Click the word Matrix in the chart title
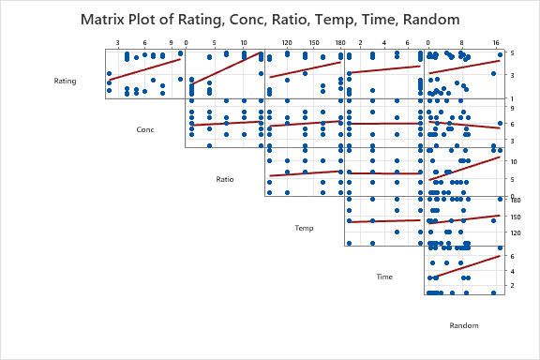(x=110, y=20)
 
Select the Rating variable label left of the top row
(x=66, y=81)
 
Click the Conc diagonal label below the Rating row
(x=145, y=129)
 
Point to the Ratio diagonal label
(x=225, y=178)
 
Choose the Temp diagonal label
(x=305, y=228)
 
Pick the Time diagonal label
(x=384, y=277)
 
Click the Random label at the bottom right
(x=464, y=325)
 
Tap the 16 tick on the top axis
(x=496, y=42)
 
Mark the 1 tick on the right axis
(x=512, y=98)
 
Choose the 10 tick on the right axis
(x=514, y=160)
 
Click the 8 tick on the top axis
(x=461, y=42)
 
